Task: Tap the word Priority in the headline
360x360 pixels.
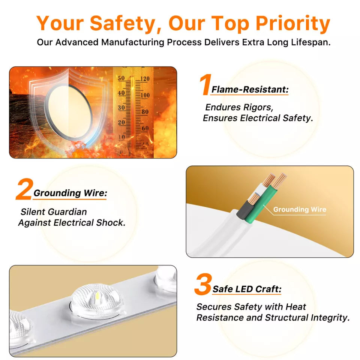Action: click(x=293, y=23)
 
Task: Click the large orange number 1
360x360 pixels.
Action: click(x=205, y=84)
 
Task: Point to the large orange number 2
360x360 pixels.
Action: click(x=24, y=189)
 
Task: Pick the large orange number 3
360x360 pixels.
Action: click(x=202, y=284)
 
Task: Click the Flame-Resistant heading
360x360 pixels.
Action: click(x=250, y=90)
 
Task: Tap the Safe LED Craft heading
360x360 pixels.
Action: click(x=247, y=289)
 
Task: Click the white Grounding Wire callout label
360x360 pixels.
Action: click(x=300, y=209)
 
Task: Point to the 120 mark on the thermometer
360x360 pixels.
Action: click(x=145, y=79)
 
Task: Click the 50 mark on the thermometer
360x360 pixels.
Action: click(x=121, y=78)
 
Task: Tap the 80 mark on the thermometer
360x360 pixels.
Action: click(x=145, y=112)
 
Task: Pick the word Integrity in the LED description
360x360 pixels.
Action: click(x=330, y=318)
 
